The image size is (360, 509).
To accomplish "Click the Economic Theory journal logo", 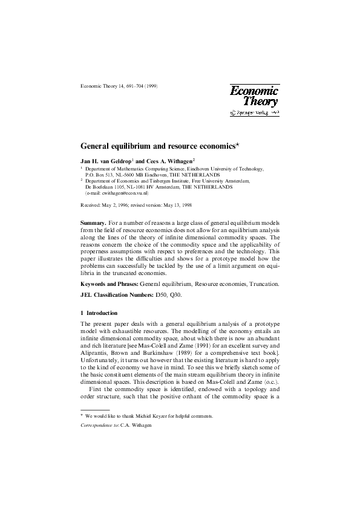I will (254, 96).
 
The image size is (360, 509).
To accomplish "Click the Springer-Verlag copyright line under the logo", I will (255, 113).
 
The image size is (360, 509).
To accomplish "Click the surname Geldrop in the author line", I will (117, 162).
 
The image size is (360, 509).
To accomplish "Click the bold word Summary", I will (93, 223).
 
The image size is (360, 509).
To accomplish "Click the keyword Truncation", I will (265, 284).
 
